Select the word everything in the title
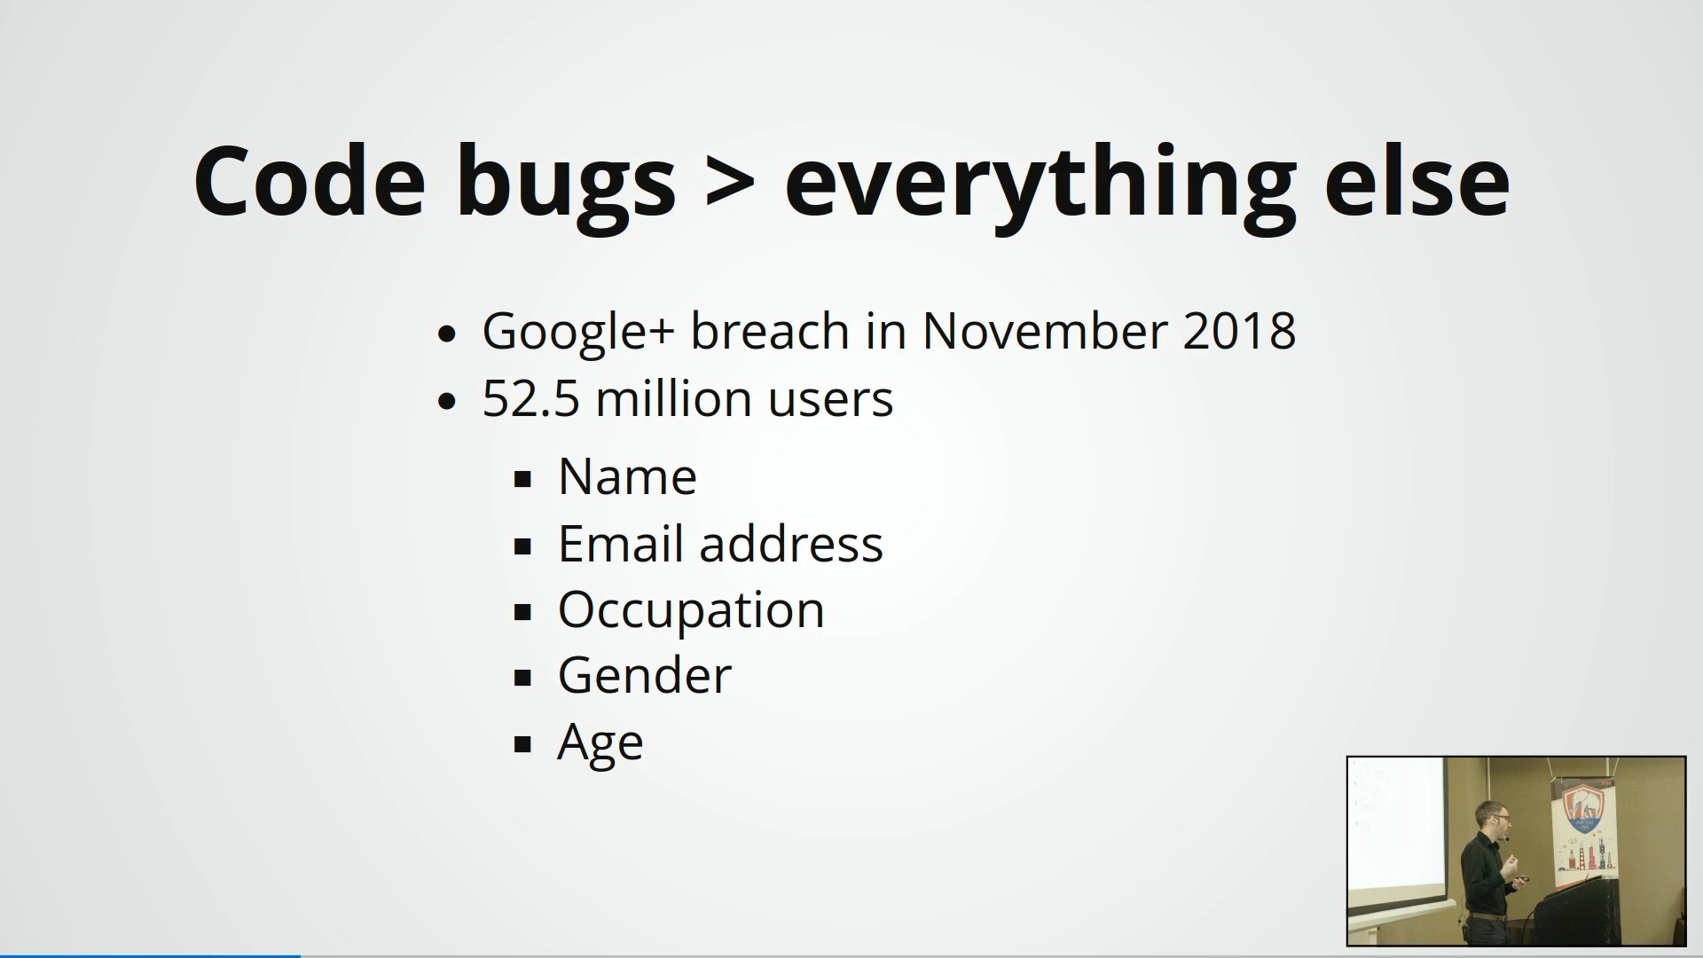pos(1040,186)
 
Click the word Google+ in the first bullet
pos(578,332)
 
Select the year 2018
pos(1239,331)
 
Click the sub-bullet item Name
pos(627,476)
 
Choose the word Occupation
pos(691,610)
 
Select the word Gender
pos(645,676)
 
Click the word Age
pos(600,743)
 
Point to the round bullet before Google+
pos(447,334)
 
